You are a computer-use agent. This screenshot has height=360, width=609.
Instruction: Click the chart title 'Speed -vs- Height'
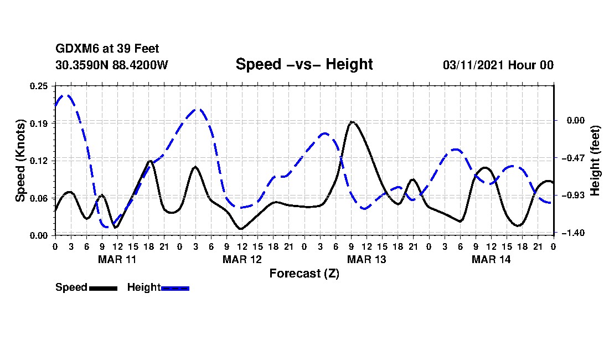pyautogui.click(x=304, y=64)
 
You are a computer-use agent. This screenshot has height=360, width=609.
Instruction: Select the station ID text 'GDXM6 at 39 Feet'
pyautogui.click(x=107, y=49)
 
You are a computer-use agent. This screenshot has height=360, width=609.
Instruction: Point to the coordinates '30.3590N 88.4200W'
pyautogui.click(x=112, y=65)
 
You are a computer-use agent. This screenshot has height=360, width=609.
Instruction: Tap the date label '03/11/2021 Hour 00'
pyautogui.click(x=498, y=65)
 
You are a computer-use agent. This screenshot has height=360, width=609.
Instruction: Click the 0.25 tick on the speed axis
pyautogui.click(x=40, y=86)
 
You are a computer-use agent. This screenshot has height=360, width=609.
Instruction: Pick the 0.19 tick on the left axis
pyautogui.click(x=40, y=123)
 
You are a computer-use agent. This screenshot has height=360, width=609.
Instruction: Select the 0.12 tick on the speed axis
pyautogui.click(x=40, y=161)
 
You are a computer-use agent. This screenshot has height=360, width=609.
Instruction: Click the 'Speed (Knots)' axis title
pyautogui.click(x=20, y=161)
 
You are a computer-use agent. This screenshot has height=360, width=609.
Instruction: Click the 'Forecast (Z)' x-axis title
pyautogui.click(x=304, y=273)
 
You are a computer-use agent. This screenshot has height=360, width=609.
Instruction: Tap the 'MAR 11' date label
pyautogui.click(x=117, y=259)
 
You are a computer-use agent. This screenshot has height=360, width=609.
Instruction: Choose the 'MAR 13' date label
pyautogui.click(x=366, y=259)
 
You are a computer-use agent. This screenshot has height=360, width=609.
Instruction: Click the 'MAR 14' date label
pyautogui.click(x=491, y=259)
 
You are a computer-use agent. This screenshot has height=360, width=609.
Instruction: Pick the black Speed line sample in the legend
pyautogui.click(x=103, y=288)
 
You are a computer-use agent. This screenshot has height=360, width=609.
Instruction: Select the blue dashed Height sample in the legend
pyautogui.click(x=175, y=288)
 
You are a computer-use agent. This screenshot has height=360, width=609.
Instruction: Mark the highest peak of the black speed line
pyautogui.click(x=352, y=122)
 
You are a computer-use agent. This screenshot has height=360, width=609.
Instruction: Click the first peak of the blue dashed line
pyautogui.click(x=66, y=95)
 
